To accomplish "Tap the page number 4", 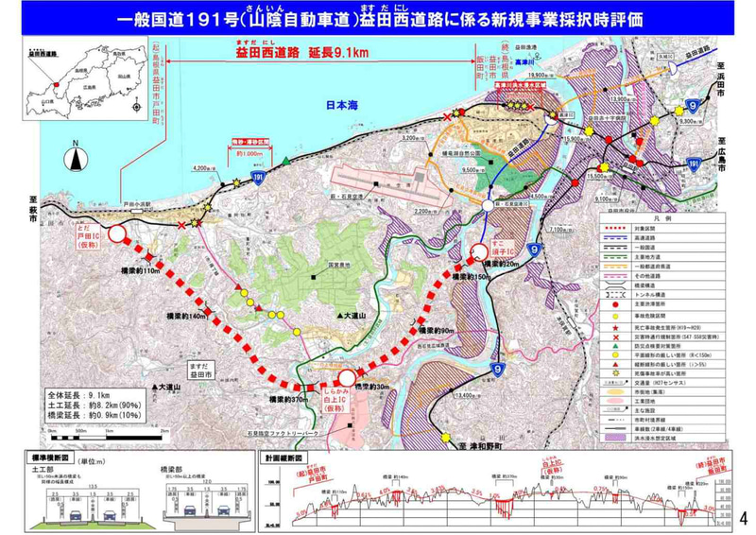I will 743,518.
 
